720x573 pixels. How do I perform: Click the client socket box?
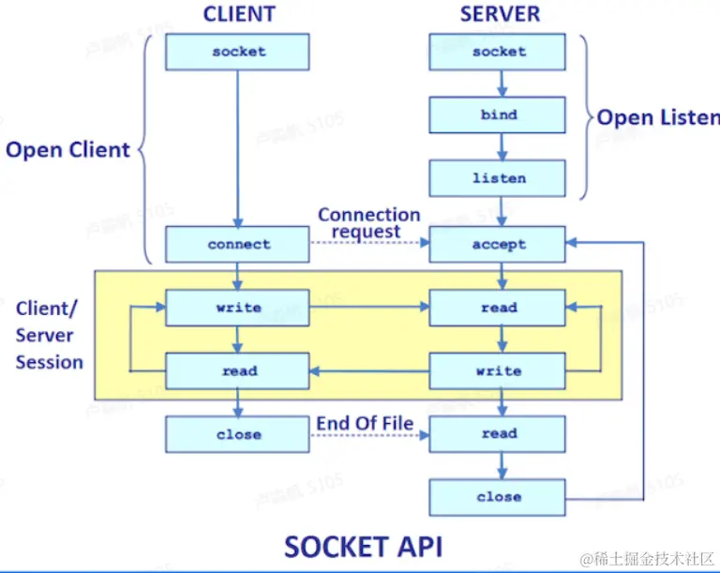[x=238, y=52]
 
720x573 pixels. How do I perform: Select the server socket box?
[x=498, y=52]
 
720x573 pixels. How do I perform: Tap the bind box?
[x=498, y=114]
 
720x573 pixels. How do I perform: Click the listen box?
[x=498, y=177]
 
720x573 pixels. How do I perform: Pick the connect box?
[x=238, y=244]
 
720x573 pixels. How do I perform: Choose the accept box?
[x=498, y=244]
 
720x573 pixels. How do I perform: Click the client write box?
[x=238, y=308]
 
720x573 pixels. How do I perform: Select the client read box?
[x=238, y=370]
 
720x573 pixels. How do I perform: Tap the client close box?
[x=238, y=434]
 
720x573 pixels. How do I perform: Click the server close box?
[x=498, y=497]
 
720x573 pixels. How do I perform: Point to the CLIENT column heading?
[x=239, y=14]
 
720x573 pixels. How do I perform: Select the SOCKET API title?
[x=363, y=546]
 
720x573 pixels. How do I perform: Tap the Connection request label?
[x=367, y=223]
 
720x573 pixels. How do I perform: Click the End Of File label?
[x=365, y=423]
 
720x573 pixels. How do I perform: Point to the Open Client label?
[x=67, y=149]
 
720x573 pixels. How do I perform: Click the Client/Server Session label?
[x=49, y=336]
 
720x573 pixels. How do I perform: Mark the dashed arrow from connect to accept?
[x=369, y=245]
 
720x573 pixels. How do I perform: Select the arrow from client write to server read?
[x=369, y=308]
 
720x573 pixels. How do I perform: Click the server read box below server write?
[x=498, y=434]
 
